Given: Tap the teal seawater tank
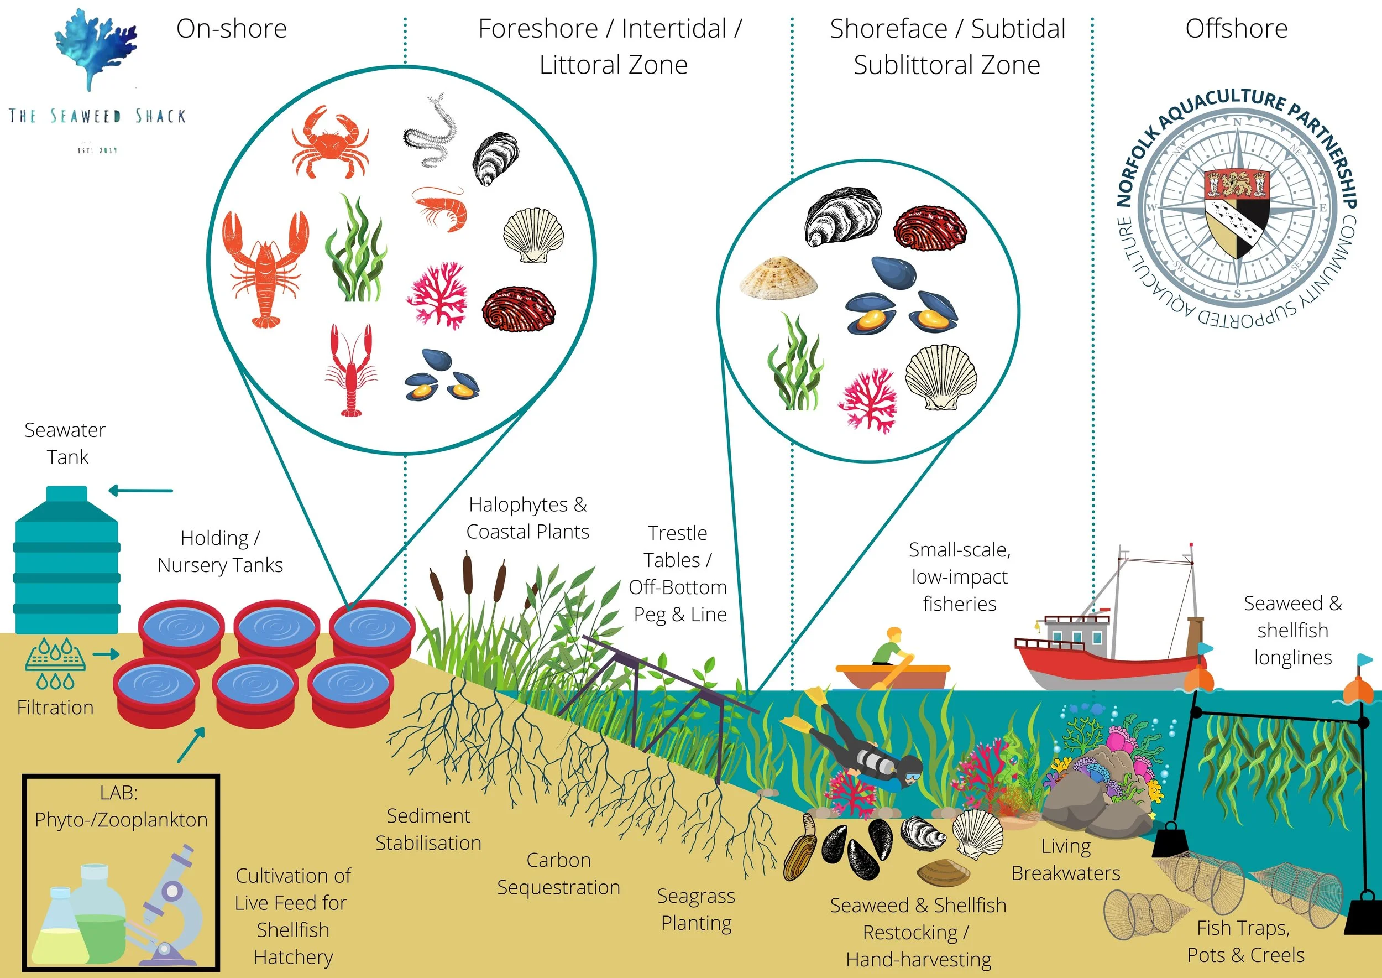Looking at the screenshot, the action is pyautogui.click(x=66, y=563).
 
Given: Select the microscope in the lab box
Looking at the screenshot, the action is pyautogui.click(x=171, y=903).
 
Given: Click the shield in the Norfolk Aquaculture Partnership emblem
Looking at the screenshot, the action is pyautogui.click(x=1237, y=211).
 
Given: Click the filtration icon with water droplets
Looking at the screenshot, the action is pyautogui.click(x=55, y=663).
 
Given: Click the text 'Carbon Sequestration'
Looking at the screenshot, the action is pyautogui.click(x=558, y=874).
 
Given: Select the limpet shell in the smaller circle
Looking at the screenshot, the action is pyautogui.click(x=778, y=277).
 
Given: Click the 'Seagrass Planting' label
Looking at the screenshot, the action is pyautogui.click(x=697, y=909).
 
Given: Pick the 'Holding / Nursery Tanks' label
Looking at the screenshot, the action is pyautogui.click(x=221, y=551).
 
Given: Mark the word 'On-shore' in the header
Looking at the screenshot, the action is pyautogui.click(x=232, y=28).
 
